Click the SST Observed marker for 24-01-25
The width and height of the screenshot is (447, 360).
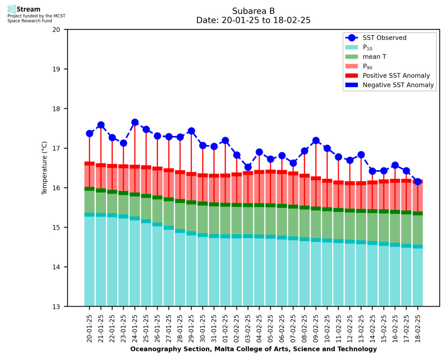[135, 122]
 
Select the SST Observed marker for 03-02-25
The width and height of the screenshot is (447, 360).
[248, 167]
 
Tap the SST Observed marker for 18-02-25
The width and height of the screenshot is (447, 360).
[418, 182]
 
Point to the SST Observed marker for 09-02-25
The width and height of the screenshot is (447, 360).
[316, 140]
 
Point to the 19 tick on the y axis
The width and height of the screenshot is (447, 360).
[60, 69]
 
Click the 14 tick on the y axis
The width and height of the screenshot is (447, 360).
[60, 267]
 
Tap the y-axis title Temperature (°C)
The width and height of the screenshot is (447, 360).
[45, 168]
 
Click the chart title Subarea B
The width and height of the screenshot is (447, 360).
[254, 11]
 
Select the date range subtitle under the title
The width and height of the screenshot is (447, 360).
[254, 20]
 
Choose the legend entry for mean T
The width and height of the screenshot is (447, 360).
[374, 57]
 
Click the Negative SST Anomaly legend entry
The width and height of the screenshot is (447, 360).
[398, 85]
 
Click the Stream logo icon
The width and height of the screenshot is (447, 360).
[12, 9]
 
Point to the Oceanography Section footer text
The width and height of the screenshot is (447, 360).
[254, 349]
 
